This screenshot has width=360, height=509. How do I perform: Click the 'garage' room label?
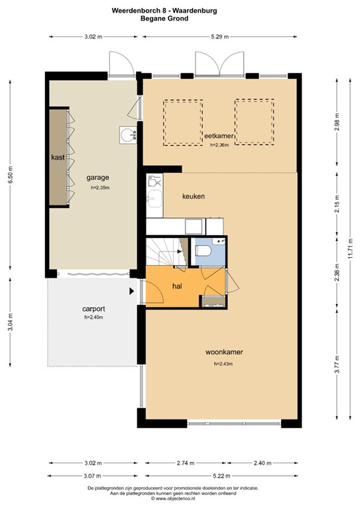click(x=97, y=178)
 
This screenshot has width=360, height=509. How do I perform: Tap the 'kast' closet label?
click(x=58, y=158)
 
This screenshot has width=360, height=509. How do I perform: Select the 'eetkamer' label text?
click(x=219, y=136)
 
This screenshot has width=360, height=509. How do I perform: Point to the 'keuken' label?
click(x=194, y=197)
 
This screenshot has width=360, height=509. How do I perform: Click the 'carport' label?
click(x=93, y=309)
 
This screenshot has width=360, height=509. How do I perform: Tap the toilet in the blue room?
click(x=204, y=251)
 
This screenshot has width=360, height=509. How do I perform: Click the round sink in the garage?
click(x=127, y=135)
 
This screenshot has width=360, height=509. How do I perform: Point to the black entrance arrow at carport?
click(x=132, y=290)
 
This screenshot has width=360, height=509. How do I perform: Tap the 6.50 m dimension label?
click(x=10, y=175)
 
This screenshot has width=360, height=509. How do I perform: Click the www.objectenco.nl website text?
click(x=180, y=498)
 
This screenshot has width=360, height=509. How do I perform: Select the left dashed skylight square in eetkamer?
click(x=183, y=123)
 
